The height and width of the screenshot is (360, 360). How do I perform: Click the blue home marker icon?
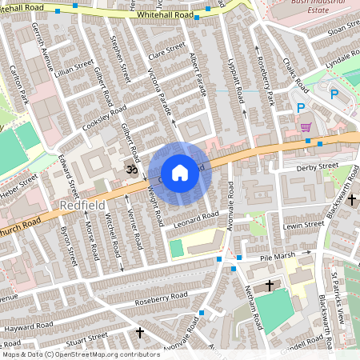click(180, 173)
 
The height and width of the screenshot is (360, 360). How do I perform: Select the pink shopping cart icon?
click(306, 126)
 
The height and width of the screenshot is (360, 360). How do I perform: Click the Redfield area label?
click(79, 206)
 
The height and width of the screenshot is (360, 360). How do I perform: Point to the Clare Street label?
click(166, 50)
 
